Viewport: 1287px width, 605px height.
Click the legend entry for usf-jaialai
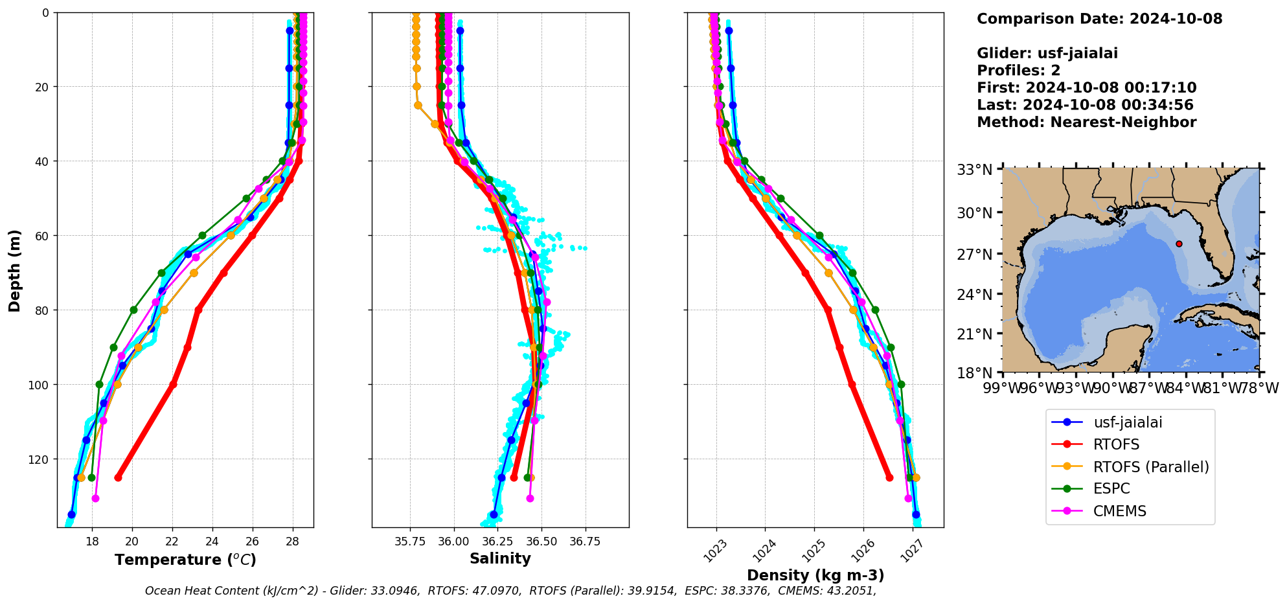click(x=1128, y=423)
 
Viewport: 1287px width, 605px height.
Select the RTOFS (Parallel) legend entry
click(x=1150, y=467)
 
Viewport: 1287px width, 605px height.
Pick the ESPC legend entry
click(x=1111, y=489)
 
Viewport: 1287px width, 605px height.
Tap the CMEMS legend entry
click(x=1119, y=511)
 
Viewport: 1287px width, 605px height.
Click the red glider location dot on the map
click(x=1179, y=244)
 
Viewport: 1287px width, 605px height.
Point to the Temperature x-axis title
click(x=185, y=560)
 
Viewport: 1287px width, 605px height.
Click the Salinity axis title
click(x=500, y=558)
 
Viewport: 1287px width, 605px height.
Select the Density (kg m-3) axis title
click(x=815, y=575)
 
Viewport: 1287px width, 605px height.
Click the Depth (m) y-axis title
click(x=14, y=270)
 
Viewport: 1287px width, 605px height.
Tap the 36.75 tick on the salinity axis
click(x=586, y=541)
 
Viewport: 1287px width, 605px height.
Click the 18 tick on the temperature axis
click(x=93, y=541)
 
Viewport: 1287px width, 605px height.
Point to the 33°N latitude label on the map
click(x=974, y=170)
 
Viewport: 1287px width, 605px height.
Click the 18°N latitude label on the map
click(x=974, y=373)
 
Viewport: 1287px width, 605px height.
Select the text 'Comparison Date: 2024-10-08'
click(x=1099, y=19)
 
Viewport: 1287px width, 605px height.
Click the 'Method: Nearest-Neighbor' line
click(x=1086, y=122)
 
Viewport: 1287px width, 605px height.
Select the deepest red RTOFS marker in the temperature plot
click(x=118, y=477)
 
